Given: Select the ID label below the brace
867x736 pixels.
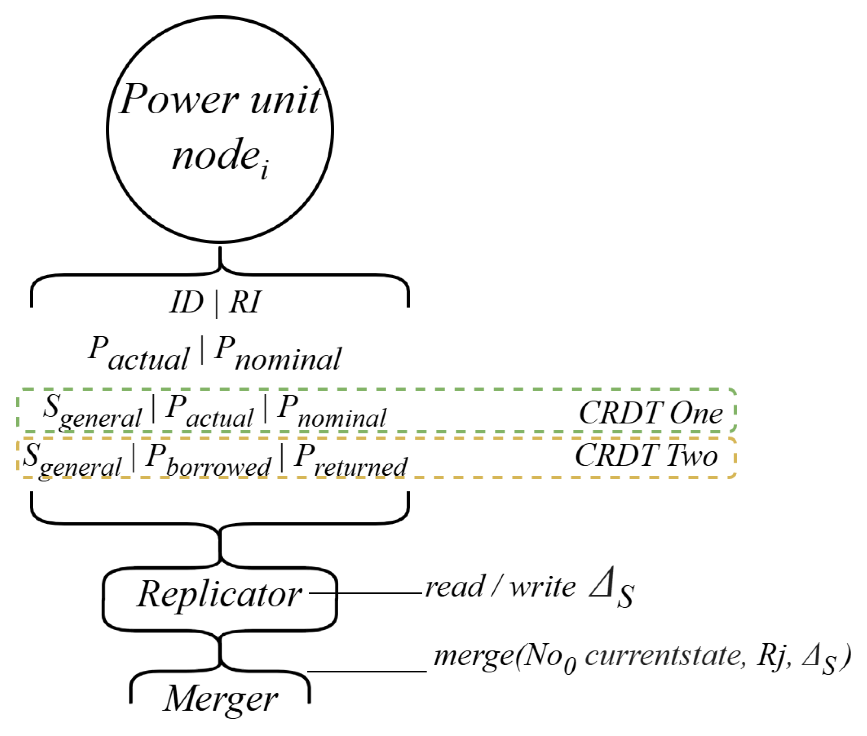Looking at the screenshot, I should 186,302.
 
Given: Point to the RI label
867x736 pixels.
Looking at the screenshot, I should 245,302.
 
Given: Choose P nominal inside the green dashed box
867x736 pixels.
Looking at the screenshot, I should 332,413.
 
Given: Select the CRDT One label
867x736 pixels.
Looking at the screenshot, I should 651,413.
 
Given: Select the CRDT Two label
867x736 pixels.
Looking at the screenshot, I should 646,456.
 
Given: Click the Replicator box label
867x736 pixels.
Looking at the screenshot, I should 220,594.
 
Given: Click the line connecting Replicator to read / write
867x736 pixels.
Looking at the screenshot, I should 367,593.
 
